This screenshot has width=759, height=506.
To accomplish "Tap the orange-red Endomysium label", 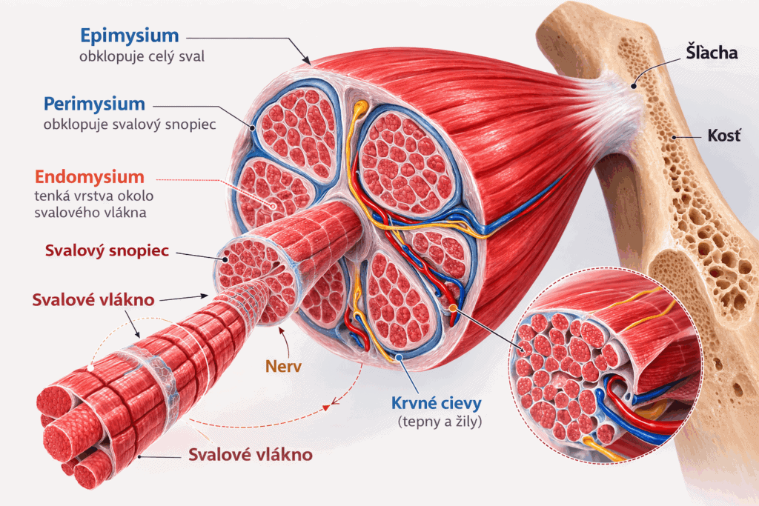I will click(89, 177).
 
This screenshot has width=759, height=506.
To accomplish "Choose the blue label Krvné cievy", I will click(437, 404).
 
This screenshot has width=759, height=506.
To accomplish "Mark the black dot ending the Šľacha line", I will click(634, 86).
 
